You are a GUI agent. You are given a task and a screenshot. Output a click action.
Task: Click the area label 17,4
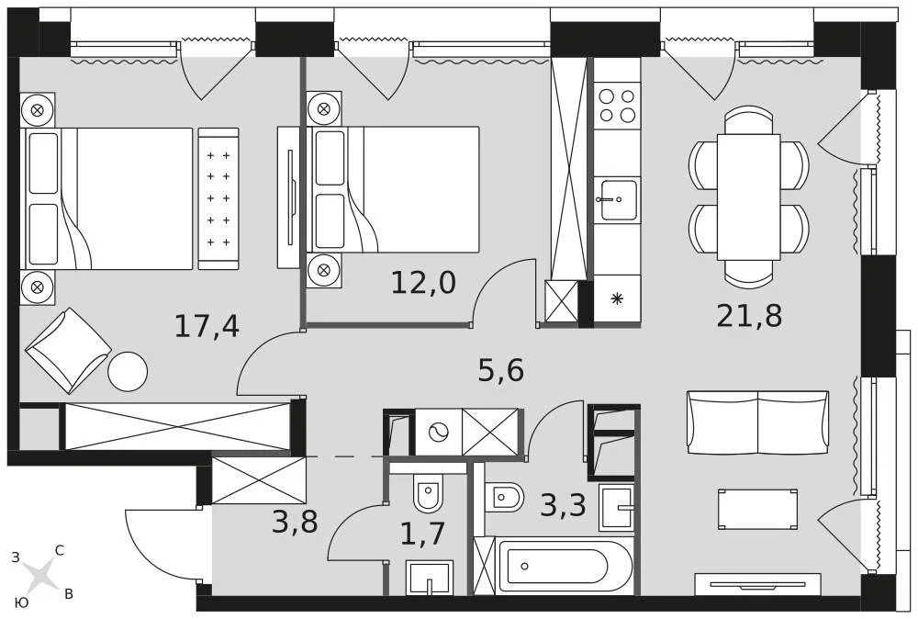(207, 326)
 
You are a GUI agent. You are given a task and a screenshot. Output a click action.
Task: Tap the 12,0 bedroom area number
(422, 283)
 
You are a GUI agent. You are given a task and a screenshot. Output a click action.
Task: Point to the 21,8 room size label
(749, 316)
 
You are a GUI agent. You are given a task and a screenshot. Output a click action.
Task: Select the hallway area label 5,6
(500, 371)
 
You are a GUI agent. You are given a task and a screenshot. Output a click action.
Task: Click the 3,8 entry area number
(295, 522)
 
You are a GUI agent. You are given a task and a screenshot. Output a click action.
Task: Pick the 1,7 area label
(422, 534)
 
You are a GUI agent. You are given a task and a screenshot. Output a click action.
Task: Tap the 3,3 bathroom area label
(563, 505)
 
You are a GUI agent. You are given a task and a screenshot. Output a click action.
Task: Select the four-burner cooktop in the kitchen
(617, 106)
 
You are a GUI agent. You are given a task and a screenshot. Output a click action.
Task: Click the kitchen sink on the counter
(618, 199)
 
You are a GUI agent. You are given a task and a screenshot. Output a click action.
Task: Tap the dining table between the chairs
(748, 197)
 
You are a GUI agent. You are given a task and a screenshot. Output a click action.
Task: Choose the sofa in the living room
(757, 422)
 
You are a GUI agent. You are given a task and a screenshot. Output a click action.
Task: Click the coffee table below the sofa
(757, 509)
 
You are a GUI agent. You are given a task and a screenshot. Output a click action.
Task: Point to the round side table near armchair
(128, 371)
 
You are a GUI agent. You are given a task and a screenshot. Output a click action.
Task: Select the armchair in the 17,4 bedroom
(67, 350)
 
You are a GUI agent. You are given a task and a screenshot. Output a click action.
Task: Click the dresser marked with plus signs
(218, 198)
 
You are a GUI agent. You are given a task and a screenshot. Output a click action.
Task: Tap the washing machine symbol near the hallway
(439, 432)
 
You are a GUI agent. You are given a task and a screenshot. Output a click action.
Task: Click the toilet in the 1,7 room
(428, 493)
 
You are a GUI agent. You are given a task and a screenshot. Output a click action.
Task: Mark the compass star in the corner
(40, 576)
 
